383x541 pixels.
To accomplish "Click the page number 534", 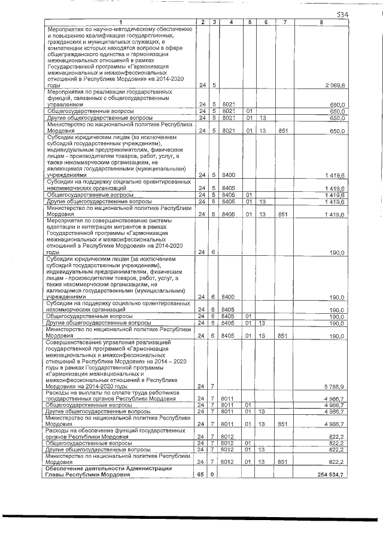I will [x=342, y=14].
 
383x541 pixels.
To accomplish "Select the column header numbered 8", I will [x=321, y=22].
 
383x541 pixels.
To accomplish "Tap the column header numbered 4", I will [x=230, y=22].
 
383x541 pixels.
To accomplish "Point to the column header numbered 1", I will [x=120, y=22].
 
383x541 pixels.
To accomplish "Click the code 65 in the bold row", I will [x=202, y=475].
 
